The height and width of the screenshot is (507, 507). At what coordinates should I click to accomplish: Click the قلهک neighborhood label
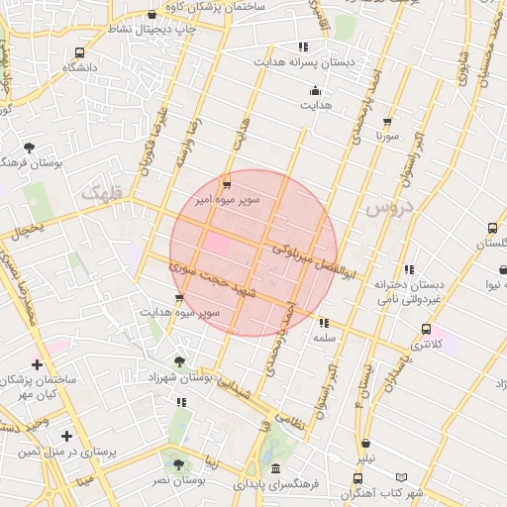[103, 195]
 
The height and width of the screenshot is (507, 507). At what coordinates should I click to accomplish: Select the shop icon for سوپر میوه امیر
[227, 184]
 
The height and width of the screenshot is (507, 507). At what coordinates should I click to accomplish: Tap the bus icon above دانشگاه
[79, 52]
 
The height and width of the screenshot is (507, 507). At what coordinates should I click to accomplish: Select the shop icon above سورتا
[386, 123]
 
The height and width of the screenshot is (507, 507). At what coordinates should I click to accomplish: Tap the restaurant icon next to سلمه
[323, 323]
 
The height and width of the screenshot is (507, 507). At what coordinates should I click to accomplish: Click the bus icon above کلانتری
[426, 330]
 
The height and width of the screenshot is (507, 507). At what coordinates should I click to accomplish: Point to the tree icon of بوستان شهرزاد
[178, 362]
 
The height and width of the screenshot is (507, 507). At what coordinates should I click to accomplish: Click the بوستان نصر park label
[178, 479]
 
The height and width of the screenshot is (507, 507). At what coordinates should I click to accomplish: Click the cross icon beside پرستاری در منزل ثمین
[66, 436]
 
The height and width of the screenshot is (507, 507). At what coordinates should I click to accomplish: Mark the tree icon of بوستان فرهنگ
[29, 148]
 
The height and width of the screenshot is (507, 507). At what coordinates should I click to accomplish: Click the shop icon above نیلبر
[367, 444]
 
